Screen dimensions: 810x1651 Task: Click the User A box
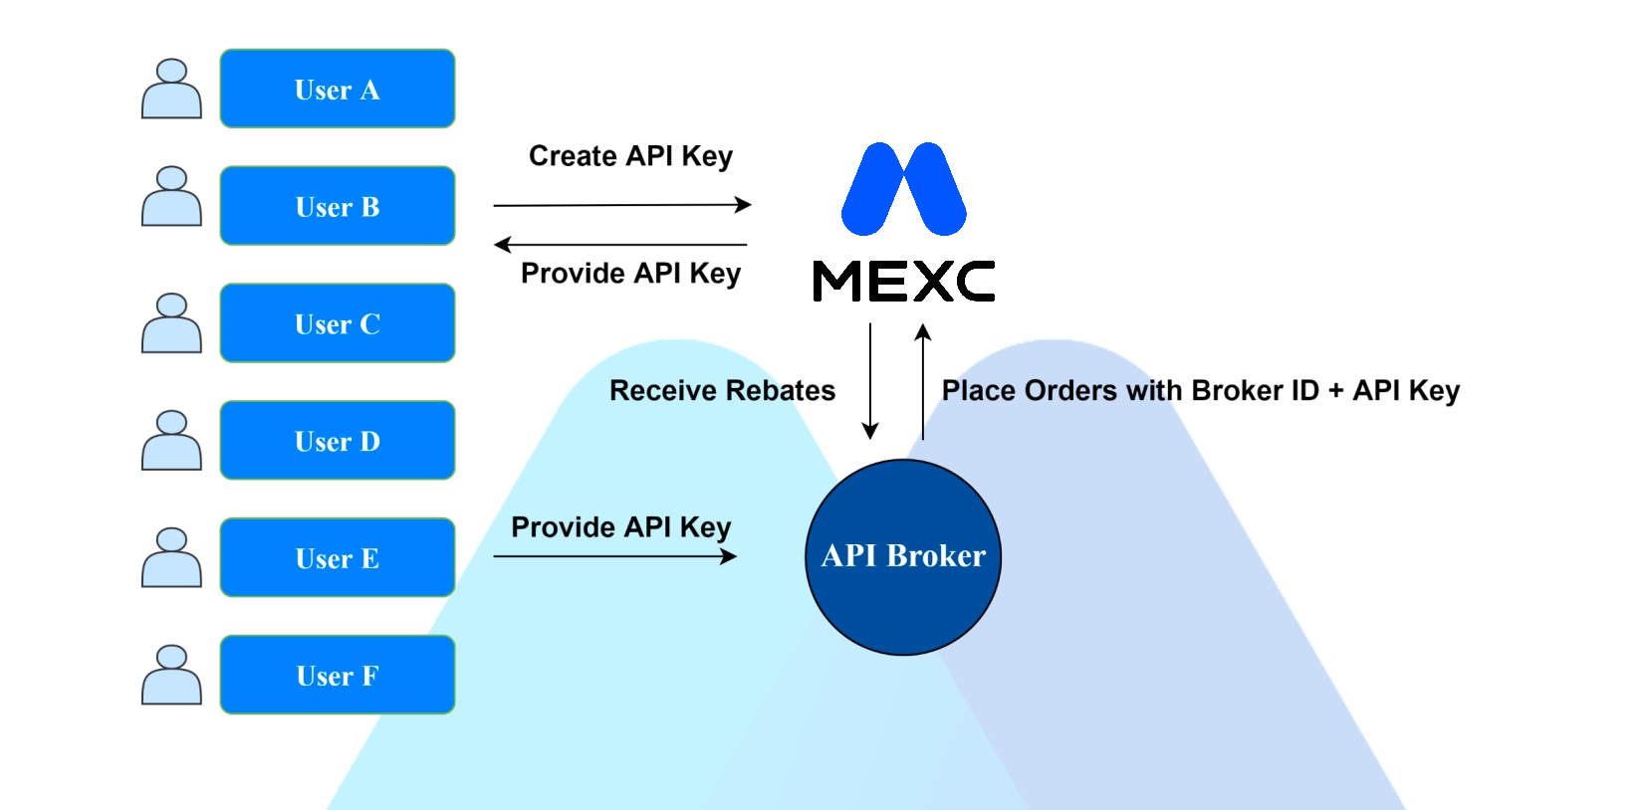tap(337, 89)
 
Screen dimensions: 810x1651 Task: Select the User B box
tap(337, 206)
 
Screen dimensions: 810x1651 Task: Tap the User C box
tap(337, 323)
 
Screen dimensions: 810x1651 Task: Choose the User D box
tap(337, 441)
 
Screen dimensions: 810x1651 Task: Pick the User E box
tap(337, 558)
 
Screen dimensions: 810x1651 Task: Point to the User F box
tap(337, 676)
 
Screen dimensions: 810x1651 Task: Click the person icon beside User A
tap(171, 89)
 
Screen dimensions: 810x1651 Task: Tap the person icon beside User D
tap(171, 441)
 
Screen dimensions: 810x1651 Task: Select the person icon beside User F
tap(171, 676)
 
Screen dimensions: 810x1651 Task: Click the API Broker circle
tap(903, 557)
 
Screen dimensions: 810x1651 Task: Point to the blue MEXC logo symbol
tap(903, 189)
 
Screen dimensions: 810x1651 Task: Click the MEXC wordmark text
tap(903, 281)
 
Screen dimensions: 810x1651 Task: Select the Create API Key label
tap(630, 156)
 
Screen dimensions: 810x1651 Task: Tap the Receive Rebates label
tap(722, 390)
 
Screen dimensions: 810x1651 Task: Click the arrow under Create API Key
tap(622, 205)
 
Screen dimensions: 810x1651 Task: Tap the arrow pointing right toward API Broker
tap(615, 556)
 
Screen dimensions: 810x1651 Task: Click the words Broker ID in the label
tap(1255, 390)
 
